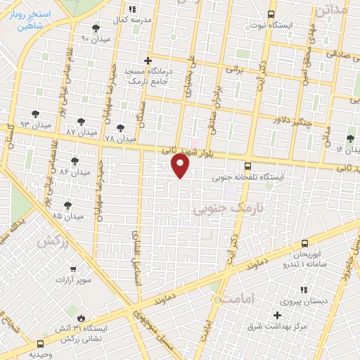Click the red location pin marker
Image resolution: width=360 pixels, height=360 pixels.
coord(181,165)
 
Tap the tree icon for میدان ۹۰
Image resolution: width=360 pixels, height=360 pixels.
coord(96,28)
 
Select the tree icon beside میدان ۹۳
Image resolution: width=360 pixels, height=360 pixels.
coord(35,113)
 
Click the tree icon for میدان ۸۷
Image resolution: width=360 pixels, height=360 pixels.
coord(82,122)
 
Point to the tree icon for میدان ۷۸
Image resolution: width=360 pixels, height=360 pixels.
coord(120,129)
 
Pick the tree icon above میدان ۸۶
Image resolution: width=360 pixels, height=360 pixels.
coord(75,161)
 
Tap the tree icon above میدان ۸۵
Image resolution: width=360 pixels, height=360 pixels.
coord(67,205)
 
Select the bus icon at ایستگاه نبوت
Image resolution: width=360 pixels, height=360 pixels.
coord(271,14)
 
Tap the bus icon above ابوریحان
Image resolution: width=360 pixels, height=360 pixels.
coord(304,241)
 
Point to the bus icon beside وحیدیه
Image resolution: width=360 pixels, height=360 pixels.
coord(39,344)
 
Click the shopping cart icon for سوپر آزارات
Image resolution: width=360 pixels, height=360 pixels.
coord(73,269)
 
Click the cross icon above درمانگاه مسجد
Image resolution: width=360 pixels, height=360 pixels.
coord(147,60)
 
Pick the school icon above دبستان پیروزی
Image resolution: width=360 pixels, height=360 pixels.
coord(303,289)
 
